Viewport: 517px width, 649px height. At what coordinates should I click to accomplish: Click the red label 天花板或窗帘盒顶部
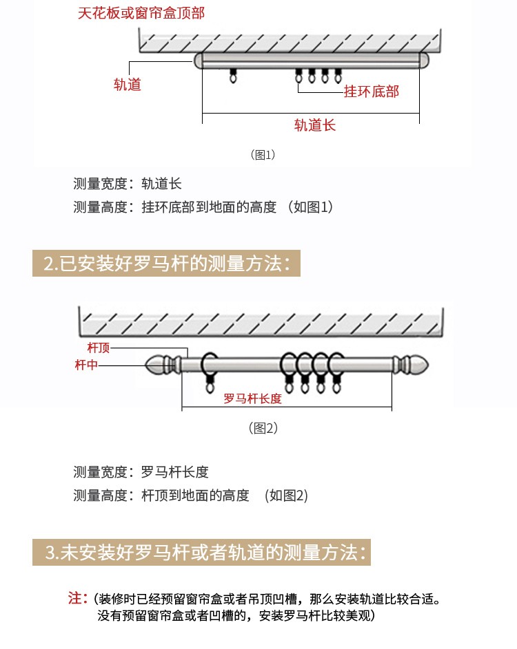click(x=141, y=13)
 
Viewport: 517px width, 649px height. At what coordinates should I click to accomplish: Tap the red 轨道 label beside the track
click(x=128, y=85)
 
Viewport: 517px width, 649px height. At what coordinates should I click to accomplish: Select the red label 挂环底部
click(x=372, y=92)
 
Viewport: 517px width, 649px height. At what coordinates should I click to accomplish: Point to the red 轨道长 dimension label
click(x=314, y=125)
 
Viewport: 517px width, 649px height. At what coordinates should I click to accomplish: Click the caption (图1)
click(x=263, y=155)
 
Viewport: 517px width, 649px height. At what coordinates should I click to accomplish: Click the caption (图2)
click(x=263, y=427)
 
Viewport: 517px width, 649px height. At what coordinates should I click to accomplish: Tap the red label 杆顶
click(x=99, y=348)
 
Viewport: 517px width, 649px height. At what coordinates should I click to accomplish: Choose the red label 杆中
click(x=86, y=365)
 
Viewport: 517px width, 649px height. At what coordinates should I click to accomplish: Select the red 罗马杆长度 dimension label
click(x=252, y=398)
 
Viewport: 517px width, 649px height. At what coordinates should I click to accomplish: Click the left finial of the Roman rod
click(x=163, y=365)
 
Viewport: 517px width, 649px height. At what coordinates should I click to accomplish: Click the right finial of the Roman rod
click(x=410, y=365)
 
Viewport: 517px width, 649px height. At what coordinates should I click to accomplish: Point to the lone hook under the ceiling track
click(x=233, y=75)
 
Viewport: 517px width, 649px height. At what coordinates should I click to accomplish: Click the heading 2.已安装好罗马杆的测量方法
click(x=166, y=263)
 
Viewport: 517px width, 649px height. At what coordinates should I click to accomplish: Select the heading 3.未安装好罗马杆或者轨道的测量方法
click(x=201, y=552)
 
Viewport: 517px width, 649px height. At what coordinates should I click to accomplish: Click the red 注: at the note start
click(x=77, y=598)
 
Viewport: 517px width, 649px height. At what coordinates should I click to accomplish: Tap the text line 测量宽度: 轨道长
click(x=128, y=184)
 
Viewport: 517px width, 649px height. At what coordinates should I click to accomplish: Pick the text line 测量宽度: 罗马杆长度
click(x=141, y=472)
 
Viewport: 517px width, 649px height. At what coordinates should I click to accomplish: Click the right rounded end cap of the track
click(x=424, y=61)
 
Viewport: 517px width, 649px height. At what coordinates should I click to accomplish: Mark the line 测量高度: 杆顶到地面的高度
click(x=161, y=496)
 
